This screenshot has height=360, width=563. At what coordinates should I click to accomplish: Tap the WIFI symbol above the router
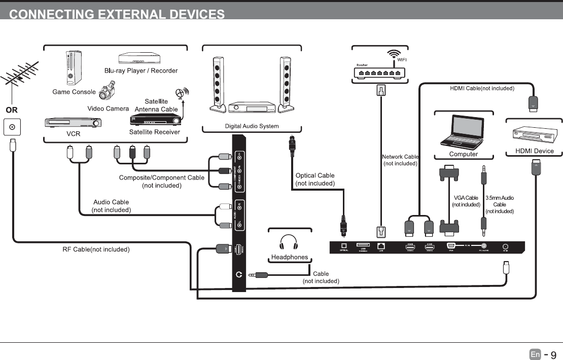394,54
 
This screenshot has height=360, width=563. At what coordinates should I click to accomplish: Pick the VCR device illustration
73,123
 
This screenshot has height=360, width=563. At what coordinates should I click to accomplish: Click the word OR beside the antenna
12,110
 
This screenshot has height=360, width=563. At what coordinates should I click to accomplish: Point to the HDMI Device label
534,151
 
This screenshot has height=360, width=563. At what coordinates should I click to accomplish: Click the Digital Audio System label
252,126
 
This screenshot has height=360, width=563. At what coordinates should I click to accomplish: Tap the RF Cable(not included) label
96,249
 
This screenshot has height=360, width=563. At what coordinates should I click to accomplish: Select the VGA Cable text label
466,198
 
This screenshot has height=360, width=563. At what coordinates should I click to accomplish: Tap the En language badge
535,354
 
